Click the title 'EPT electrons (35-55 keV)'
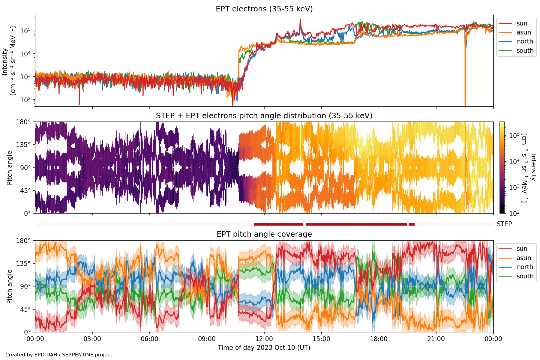pos(264,9)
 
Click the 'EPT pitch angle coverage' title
pos(264,234)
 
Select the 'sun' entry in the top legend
pos(522,23)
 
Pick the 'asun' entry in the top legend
pos(523,32)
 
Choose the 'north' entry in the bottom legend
pos(525,267)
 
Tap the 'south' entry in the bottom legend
pos(525,276)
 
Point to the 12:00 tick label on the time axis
pos(264,339)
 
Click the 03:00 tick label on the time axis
pos(92,339)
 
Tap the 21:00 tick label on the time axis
pos(436,339)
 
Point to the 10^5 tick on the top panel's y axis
pos(25,31)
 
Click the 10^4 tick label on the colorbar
pos(514,162)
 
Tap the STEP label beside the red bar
pos(504,224)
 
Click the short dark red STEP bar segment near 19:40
pos(412,224)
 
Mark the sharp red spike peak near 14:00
pos(300,19)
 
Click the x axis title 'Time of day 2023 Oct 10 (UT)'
pos(264,348)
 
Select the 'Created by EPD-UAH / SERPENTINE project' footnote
pos(59,355)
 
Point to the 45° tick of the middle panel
pos(25,190)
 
